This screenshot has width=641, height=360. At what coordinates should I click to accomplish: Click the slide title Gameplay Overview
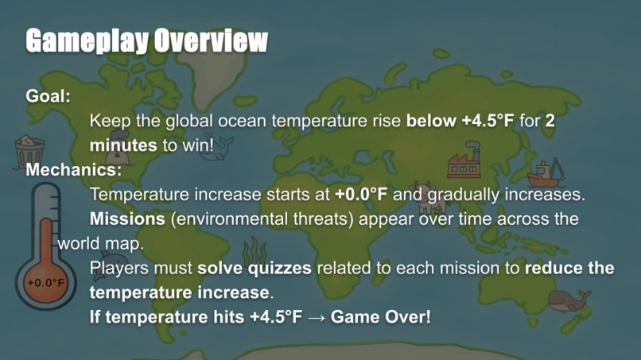point(146,41)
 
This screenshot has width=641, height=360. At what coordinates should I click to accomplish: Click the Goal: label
point(49,95)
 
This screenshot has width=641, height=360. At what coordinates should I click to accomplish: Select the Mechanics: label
point(74,169)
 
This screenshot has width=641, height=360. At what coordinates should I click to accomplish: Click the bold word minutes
point(122,146)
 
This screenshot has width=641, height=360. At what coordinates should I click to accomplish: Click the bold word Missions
point(124,219)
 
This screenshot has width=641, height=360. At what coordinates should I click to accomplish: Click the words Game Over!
point(381,316)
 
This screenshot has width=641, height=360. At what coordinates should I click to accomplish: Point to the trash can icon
point(29,152)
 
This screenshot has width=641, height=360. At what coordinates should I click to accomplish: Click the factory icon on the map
point(464,161)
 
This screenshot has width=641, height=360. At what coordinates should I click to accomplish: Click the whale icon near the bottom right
point(569,300)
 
